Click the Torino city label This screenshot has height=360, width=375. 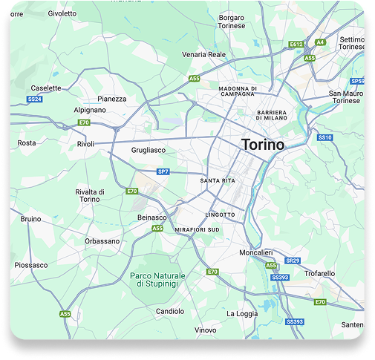(262, 145)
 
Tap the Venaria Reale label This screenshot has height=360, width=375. (203, 54)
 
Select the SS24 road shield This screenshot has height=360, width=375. (35, 99)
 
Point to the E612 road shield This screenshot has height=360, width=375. (296, 45)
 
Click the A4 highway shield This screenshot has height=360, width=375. (320, 42)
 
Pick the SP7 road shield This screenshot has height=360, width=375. (163, 171)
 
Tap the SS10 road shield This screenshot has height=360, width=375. (325, 137)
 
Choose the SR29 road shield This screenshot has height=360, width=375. (293, 261)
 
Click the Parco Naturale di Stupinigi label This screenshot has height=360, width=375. (158, 280)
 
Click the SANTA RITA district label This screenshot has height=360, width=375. (218, 180)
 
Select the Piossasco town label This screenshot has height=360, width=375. (32, 265)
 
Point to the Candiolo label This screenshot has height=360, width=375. (170, 311)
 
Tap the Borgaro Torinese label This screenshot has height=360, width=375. (232, 22)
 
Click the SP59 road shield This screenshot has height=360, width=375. (358, 80)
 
